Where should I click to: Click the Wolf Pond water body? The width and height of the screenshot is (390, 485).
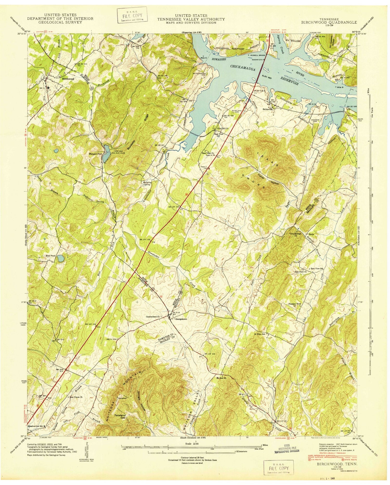click(61, 258)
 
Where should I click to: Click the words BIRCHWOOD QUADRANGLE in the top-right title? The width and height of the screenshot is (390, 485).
click(329, 22)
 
